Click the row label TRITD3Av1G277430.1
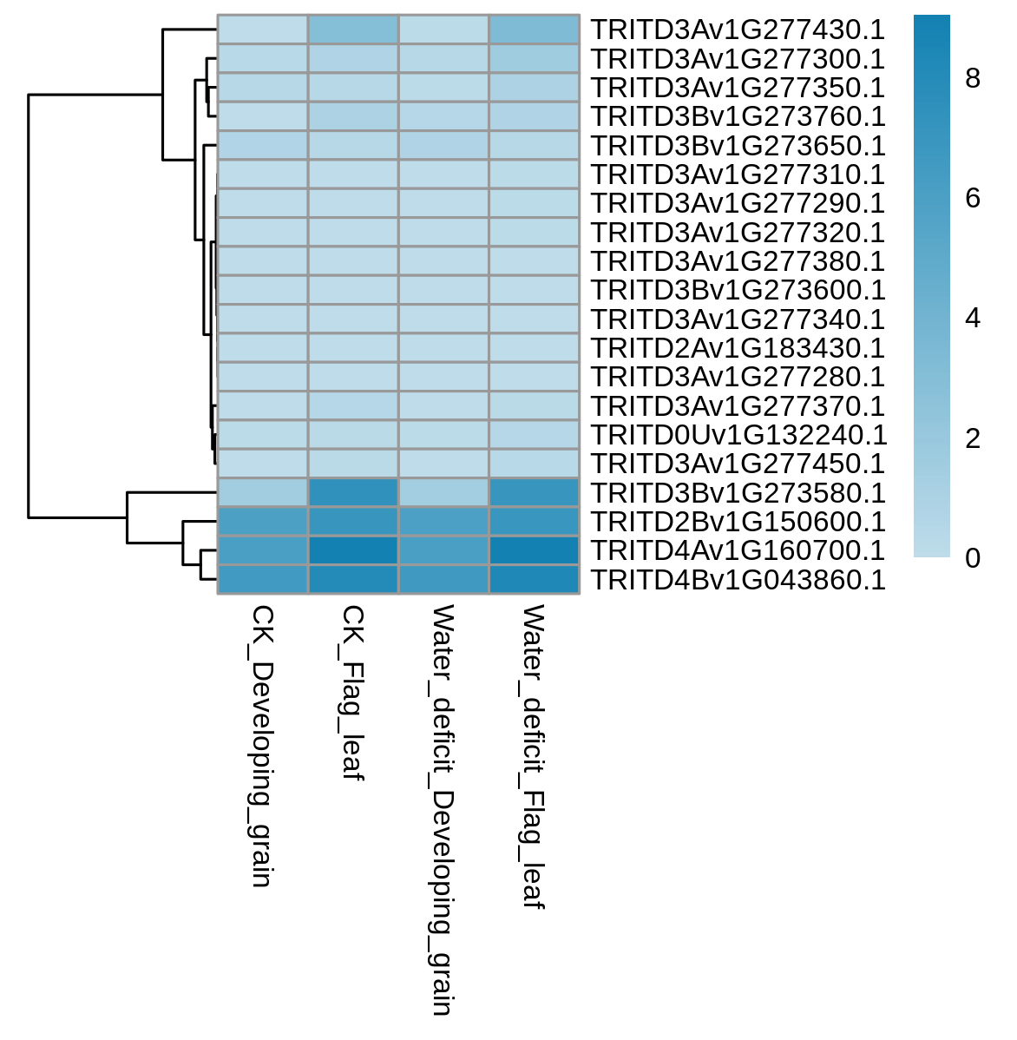(738, 30)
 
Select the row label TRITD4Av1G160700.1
(738, 550)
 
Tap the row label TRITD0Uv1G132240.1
(738, 435)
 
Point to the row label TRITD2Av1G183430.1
(738, 348)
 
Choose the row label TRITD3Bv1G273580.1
(738, 493)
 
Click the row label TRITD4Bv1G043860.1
(738, 580)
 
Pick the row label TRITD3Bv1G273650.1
(738, 145)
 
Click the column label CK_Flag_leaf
(352, 693)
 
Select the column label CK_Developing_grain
(263, 746)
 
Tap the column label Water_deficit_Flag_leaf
(534, 756)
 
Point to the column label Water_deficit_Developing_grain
(443, 810)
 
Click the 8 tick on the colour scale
(973, 78)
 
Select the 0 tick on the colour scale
(973, 558)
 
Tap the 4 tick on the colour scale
(973, 319)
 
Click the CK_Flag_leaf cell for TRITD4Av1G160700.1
(353, 550)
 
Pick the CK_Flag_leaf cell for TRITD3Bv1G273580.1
(353, 493)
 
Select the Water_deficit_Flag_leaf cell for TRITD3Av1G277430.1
(535, 30)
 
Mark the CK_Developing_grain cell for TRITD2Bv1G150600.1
(263, 522)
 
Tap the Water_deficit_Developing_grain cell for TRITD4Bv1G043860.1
(443, 580)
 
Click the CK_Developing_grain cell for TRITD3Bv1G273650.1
(263, 145)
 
